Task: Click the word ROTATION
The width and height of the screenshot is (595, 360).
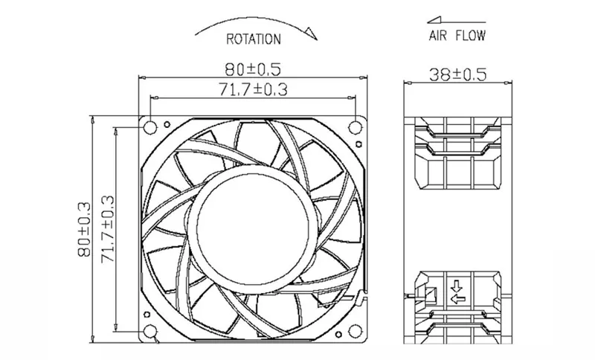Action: (x=254, y=39)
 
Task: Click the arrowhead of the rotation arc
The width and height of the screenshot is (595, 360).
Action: (x=312, y=33)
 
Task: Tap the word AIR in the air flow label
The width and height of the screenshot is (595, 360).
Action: (x=438, y=36)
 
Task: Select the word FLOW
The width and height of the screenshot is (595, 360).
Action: (x=471, y=36)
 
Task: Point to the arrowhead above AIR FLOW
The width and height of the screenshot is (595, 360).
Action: (x=434, y=20)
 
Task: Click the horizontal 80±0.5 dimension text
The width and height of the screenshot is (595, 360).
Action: (x=253, y=69)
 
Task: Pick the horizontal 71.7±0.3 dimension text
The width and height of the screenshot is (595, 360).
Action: (x=253, y=89)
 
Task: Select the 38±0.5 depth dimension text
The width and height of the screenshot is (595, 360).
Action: (x=457, y=74)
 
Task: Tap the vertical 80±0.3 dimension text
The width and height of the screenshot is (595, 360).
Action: (x=84, y=229)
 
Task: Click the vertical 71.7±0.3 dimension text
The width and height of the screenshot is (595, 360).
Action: (x=107, y=229)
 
